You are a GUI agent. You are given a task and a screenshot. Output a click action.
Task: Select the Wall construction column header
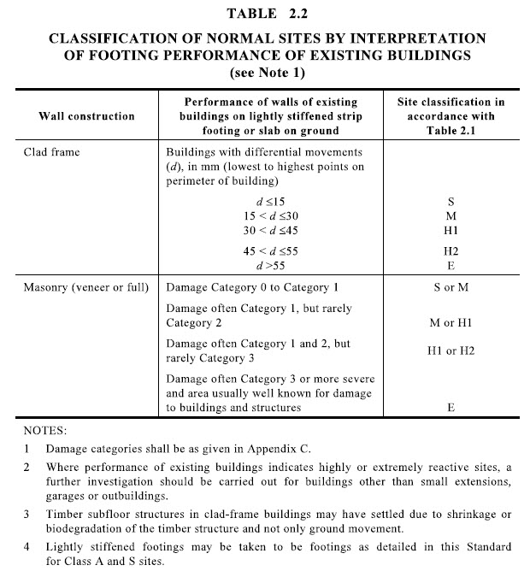coord(86,115)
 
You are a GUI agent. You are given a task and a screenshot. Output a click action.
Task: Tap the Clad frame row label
coord(52,150)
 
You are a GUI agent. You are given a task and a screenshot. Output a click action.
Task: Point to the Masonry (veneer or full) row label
coord(85,287)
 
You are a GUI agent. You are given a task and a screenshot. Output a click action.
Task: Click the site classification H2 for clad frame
coord(450,251)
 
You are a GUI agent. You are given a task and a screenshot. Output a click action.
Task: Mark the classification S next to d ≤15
coord(450,201)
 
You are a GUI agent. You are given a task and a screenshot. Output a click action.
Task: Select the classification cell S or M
coord(450,287)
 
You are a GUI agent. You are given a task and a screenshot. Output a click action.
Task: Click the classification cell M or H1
coord(450,323)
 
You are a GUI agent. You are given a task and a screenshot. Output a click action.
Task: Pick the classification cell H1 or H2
coord(450,350)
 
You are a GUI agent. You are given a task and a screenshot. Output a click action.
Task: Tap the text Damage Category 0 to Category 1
coord(253,287)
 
